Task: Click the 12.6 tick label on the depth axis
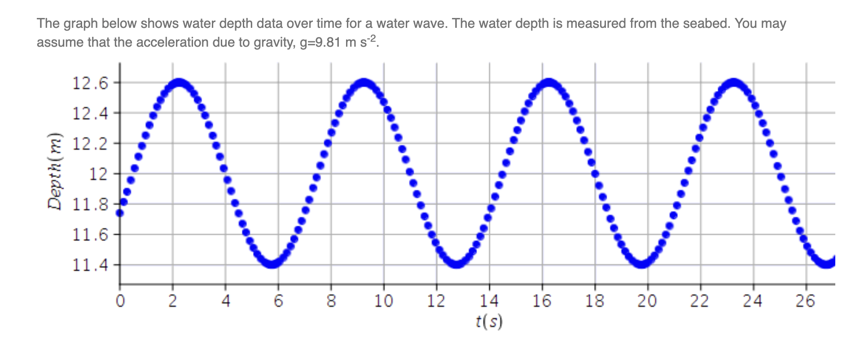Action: tap(90, 83)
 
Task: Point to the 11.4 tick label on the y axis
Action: tap(90, 265)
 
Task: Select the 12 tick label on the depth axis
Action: tap(98, 174)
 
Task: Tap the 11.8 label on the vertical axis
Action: tap(90, 205)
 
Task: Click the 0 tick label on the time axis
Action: tap(120, 301)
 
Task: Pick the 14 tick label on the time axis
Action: tap(489, 301)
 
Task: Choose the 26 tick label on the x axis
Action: tap(805, 301)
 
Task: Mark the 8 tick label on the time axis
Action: tap(331, 301)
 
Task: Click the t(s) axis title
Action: tap(489, 321)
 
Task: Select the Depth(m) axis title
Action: tap(55, 171)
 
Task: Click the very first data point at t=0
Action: tap(120, 213)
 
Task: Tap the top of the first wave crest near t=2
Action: tap(180, 83)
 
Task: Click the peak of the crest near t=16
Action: tap(548, 83)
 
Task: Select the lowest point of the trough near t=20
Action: tap(642, 264)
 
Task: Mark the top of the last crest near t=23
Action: tap(733, 83)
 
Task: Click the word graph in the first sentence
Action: tap(79, 23)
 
